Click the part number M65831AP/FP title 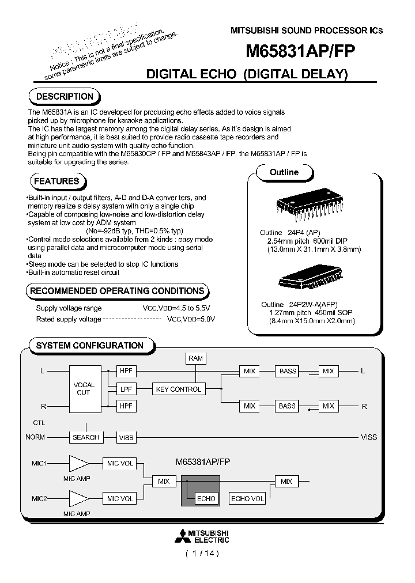point(300,51)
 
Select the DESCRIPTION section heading point(64,97)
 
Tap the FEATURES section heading point(56,181)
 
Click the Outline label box point(284,172)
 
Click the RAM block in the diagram point(195,358)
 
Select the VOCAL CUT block point(84,389)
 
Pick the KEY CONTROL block point(178,389)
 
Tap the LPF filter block point(126,389)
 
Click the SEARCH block point(86,437)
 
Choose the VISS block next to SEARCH point(126,437)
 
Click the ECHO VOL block point(247,498)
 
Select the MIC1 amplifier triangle point(78,464)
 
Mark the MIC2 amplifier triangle point(78,498)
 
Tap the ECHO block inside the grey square point(206,498)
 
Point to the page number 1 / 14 point(202,554)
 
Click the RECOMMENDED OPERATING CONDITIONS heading point(116,291)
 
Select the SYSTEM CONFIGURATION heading point(89,346)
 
